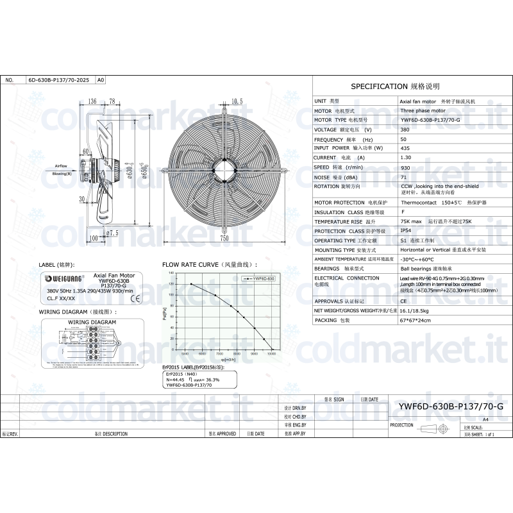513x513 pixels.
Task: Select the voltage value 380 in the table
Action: (x=405, y=130)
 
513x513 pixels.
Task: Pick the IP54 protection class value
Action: (x=406, y=231)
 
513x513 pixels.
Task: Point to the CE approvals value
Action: (x=403, y=300)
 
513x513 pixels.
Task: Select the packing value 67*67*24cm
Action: (x=415, y=319)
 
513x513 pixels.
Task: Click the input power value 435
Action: (x=405, y=148)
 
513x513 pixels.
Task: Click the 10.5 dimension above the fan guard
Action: (x=236, y=101)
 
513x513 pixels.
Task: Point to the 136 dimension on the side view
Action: (x=92, y=101)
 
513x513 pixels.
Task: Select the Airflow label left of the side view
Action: (x=61, y=165)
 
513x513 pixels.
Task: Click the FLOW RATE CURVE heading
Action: (x=209, y=264)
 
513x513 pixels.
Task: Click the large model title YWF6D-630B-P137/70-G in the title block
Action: (x=451, y=407)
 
